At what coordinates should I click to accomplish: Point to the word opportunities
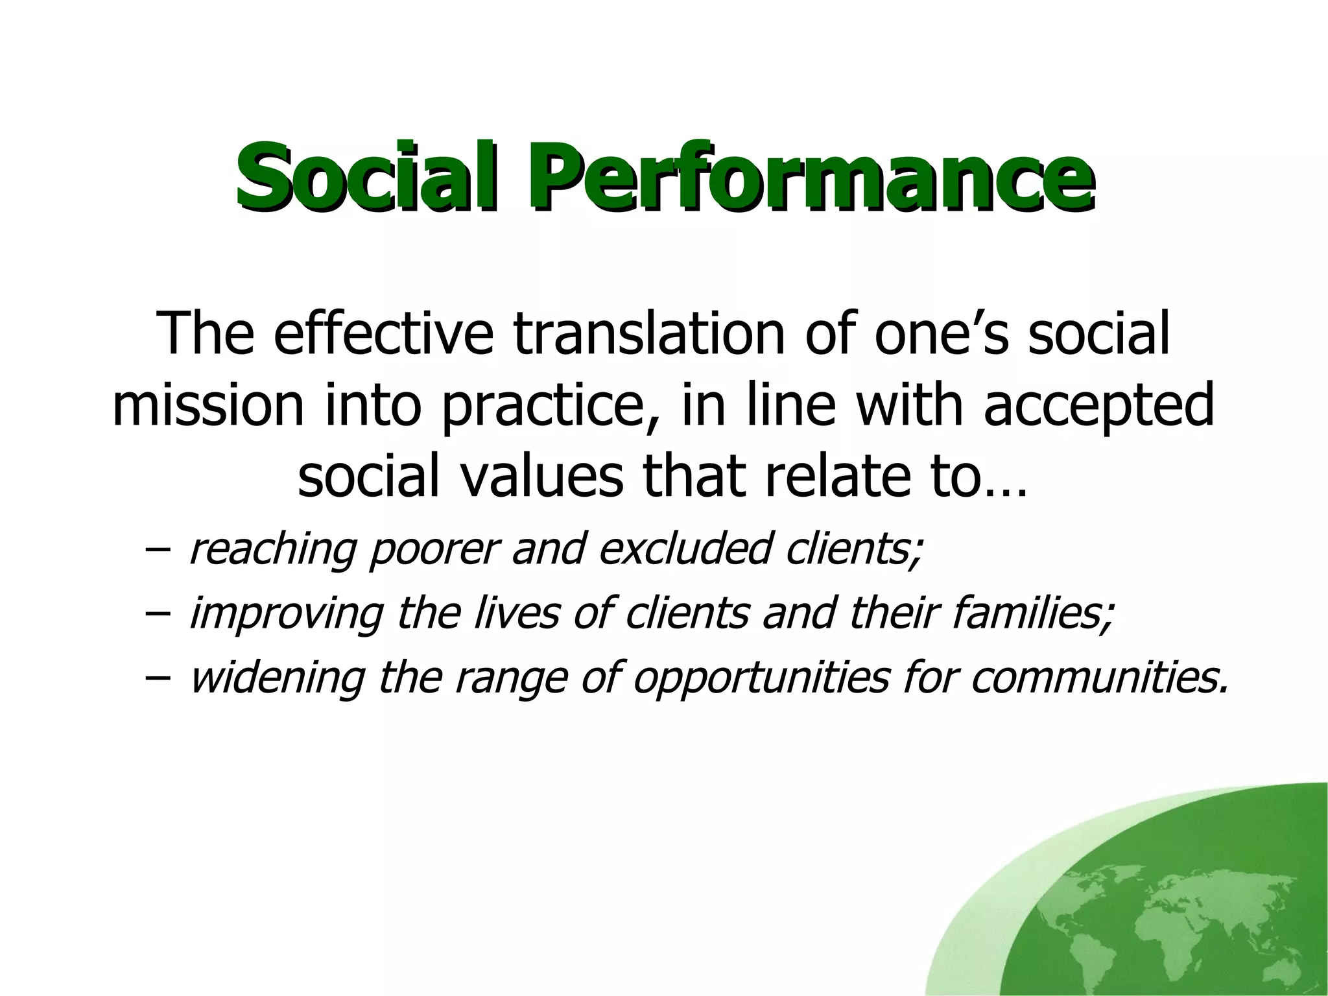coord(759,678)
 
